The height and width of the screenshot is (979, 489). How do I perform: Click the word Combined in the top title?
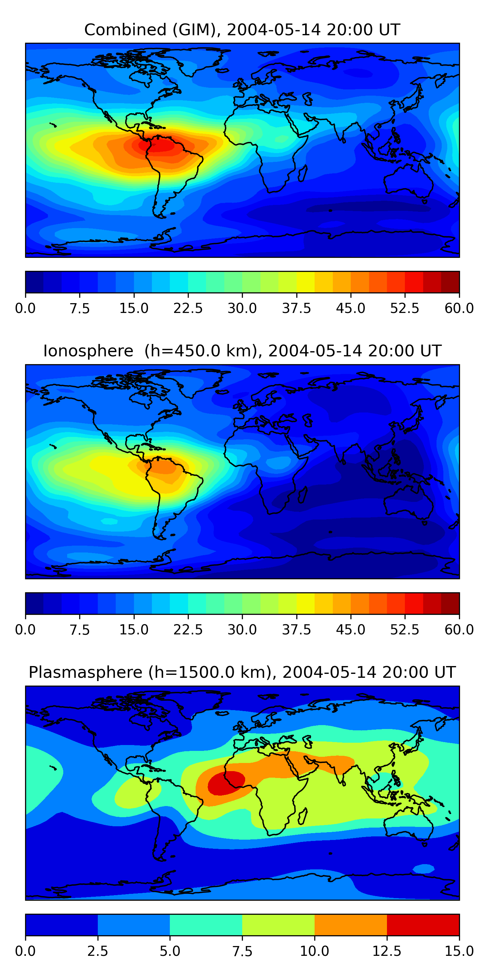coord(125,30)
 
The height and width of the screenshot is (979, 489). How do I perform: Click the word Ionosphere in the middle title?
coord(88,351)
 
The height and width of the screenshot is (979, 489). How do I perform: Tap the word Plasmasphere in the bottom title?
coord(85,672)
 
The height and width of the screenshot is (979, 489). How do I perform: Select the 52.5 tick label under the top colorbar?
coord(405,308)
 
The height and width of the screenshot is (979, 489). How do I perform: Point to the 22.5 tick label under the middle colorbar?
coord(188,630)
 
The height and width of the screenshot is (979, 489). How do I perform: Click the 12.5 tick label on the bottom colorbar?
coord(387,951)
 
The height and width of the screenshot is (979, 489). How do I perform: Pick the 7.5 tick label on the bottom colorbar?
coord(242,951)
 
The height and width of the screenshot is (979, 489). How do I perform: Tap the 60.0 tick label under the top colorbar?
coord(459,308)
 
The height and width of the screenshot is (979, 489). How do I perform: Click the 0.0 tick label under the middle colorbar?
coord(25,630)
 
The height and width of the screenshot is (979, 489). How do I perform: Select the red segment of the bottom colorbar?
coord(423,925)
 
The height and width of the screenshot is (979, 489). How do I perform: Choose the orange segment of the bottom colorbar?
coord(350,925)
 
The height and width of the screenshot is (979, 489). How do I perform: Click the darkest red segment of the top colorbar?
coord(450,282)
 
